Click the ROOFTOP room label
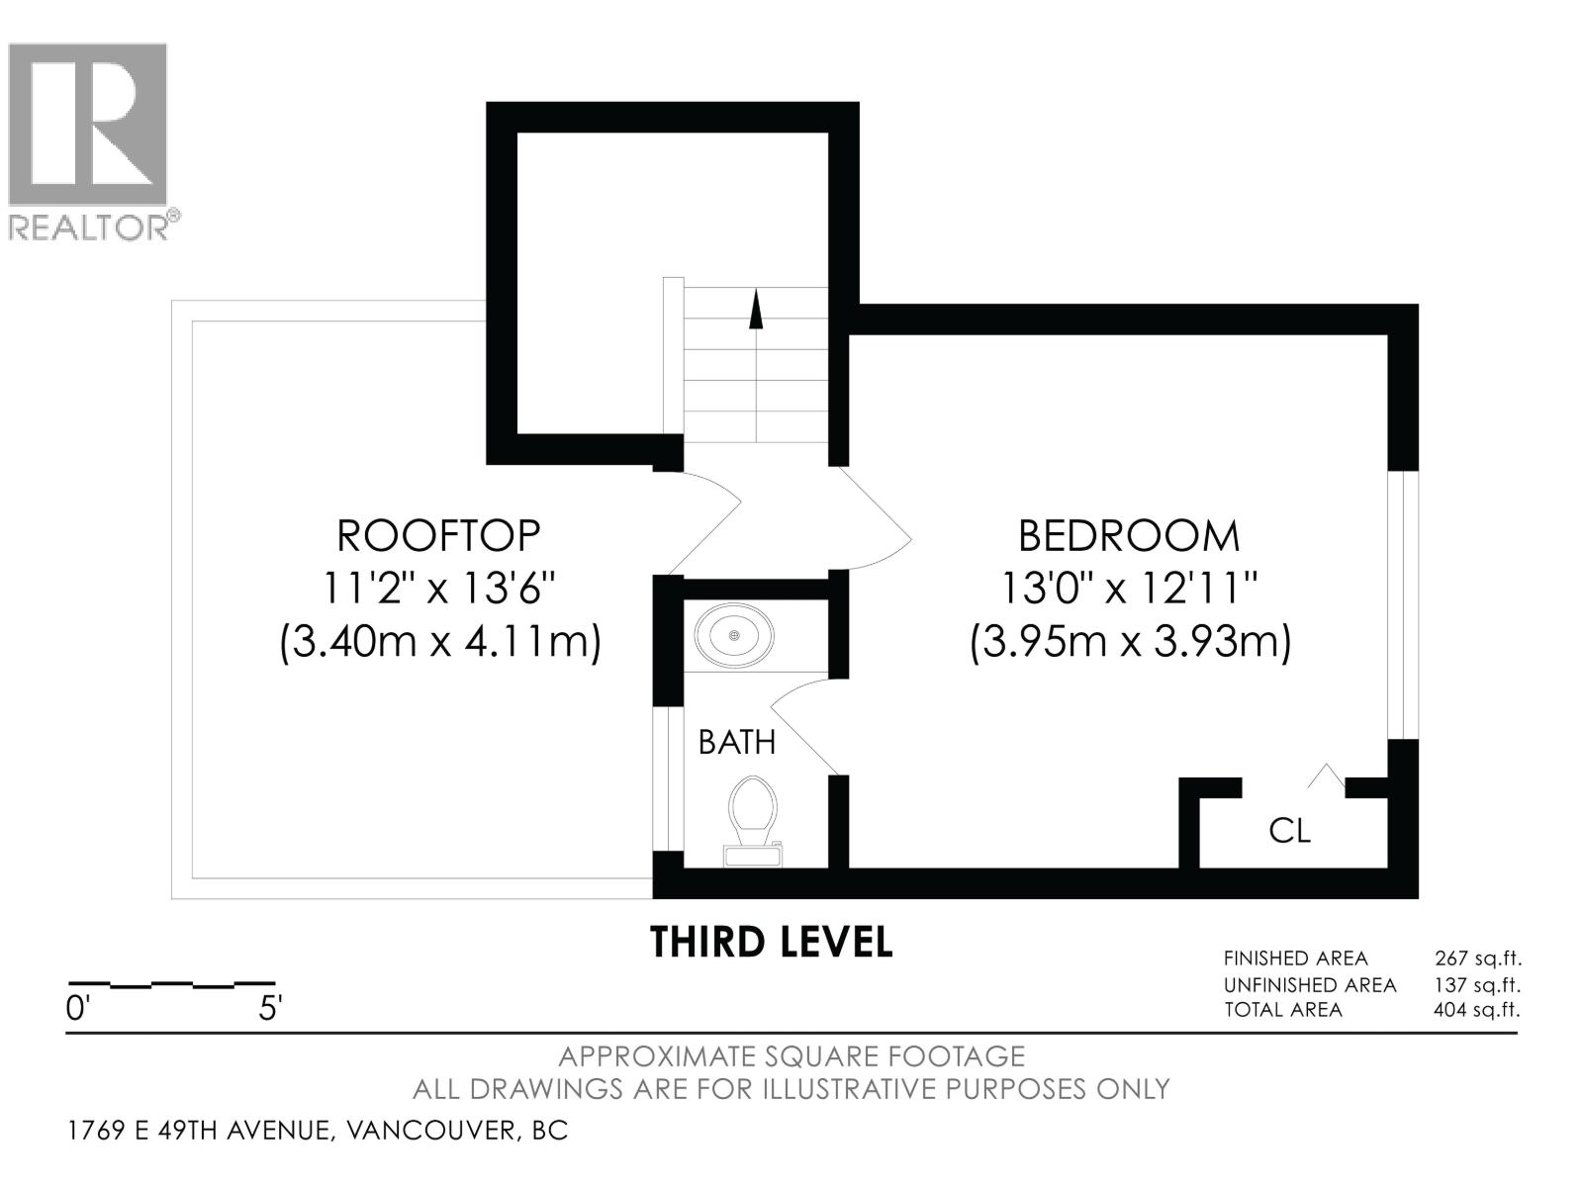tap(438, 535)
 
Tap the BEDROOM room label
tap(1129, 535)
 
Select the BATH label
tap(737, 742)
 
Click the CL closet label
tap(1289, 831)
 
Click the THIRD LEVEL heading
tap(771, 942)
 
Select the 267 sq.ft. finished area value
tap(1477, 958)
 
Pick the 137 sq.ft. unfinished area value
tap(1477, 984)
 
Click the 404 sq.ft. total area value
tap(1477, 1010)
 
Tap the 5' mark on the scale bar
tap(269, 1009)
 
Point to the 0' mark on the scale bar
tap(78, 1009)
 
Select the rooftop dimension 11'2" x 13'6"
tap(438, 591)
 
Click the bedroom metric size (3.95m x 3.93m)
tap(1130, 643)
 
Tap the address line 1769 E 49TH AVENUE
tap(317, 1130)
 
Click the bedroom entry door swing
tap(876, 524)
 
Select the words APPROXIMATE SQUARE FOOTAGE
tap(791, 1056)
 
